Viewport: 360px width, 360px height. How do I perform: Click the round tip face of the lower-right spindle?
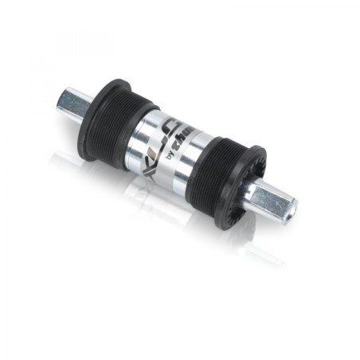click(288, 209)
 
